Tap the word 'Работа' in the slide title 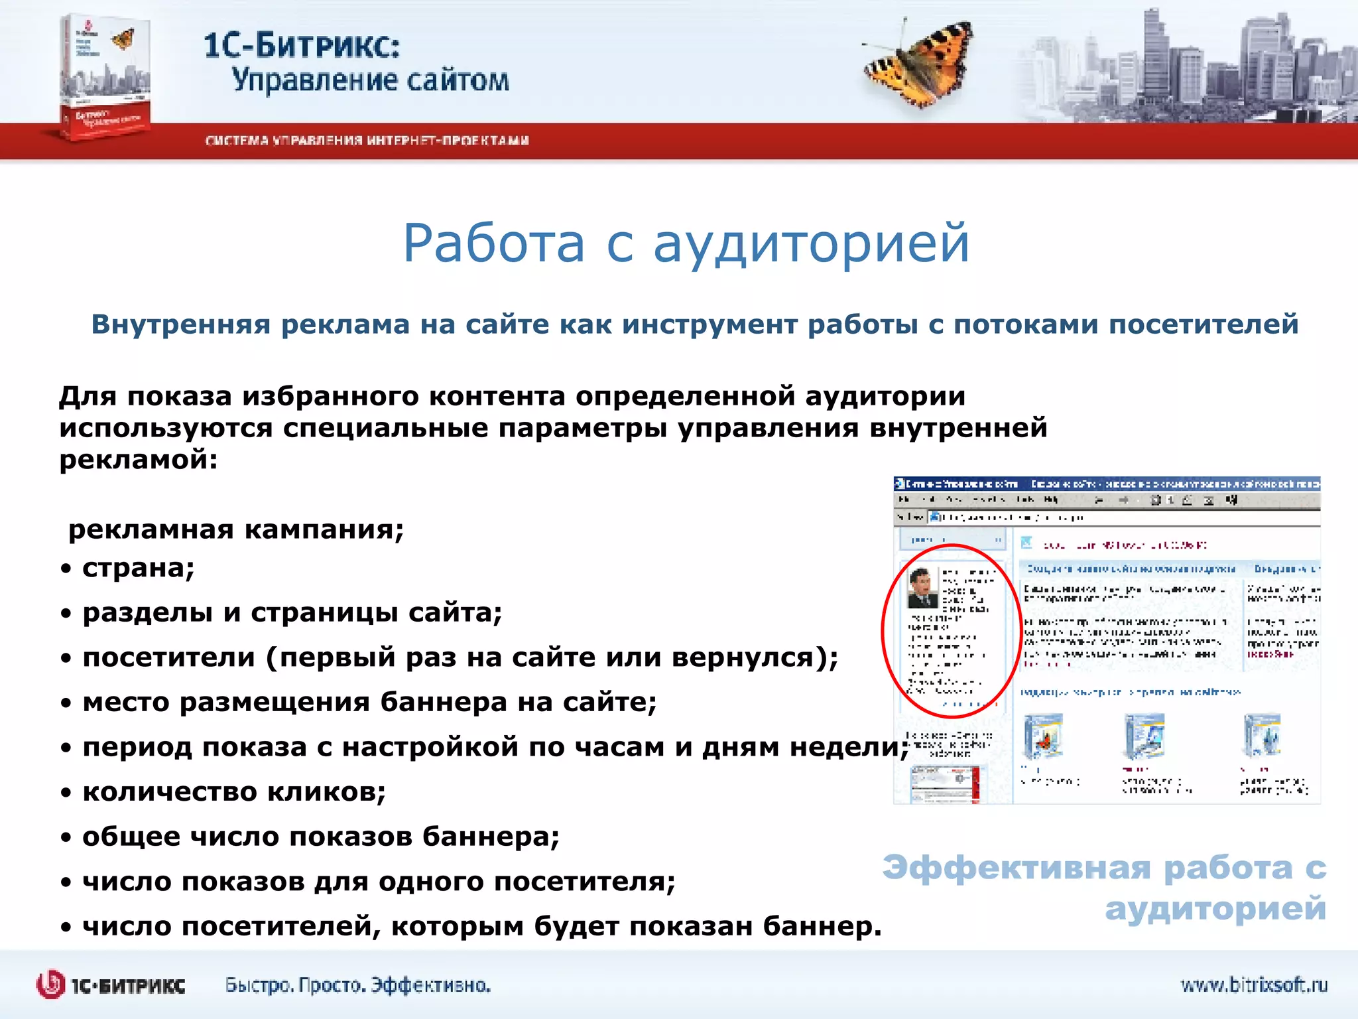click(x=494, y=243)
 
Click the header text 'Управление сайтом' click(x=370, y=81)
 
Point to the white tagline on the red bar click(x=367, y=141)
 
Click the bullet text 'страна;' click(x=138, y=568)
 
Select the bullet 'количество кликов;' click(x=233, y=791)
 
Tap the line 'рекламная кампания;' click(x=235, y=529)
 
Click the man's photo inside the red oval click(x=922, y=588)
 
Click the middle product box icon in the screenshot click(x=1144, y=736)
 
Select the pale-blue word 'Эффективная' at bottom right click(x=1017, y=868)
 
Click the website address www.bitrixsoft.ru click(x=1253, y=985)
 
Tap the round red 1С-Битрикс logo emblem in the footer click(x=51, y=985)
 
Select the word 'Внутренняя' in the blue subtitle click(x=180, y=324)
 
